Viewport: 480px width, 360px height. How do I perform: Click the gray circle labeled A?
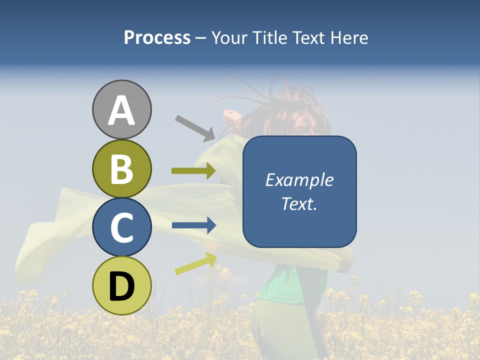click(x=121, y=109)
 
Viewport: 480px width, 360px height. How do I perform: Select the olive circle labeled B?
click(x=121, y=168)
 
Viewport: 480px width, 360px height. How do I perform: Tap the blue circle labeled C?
click(x=121, y=227)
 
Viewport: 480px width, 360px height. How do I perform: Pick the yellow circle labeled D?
click(x=121, y=285)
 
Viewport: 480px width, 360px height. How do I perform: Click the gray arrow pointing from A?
click(x=195, y=127)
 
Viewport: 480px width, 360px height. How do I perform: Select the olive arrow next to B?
click(x=193, y=171)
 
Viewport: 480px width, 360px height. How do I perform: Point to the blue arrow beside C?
click(x=193, y=225)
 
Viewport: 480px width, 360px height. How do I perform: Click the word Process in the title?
click(x=157, y=38)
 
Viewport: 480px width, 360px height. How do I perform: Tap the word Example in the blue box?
click(x=299, y=180)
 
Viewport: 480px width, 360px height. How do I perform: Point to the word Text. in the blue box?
click(x=299, y=203)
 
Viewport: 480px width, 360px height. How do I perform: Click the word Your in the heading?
click(x=227, y=38)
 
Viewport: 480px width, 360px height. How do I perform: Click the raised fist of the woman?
click(x=230, y=115)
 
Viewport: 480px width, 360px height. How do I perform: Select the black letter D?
click(x=121, y=286)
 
